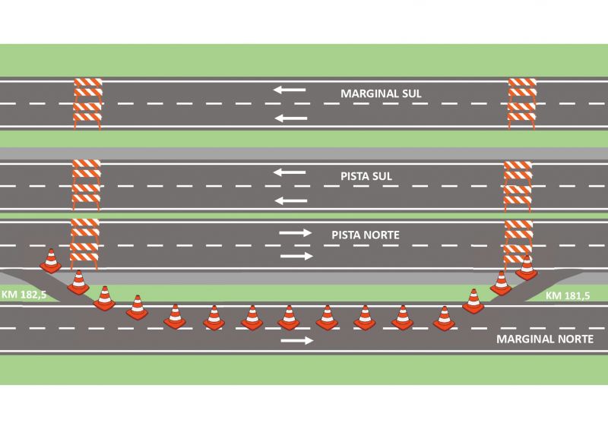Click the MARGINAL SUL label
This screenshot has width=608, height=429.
381,94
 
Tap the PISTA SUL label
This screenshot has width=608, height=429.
366,175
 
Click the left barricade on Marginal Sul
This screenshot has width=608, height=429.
87,103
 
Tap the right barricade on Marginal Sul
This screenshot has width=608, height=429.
522,103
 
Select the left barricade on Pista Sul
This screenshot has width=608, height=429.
86,185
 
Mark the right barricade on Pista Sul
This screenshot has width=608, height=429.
518,185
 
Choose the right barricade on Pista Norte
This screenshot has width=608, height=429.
518,241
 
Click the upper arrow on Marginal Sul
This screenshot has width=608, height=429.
290,90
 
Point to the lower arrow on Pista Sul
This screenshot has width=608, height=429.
290,200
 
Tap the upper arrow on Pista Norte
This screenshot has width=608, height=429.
295,232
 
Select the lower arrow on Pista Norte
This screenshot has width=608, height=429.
296,256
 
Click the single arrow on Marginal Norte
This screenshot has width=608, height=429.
296,340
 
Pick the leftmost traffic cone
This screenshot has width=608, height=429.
50,261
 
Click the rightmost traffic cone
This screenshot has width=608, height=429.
526,267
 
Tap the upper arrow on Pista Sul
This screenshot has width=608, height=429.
289,172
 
